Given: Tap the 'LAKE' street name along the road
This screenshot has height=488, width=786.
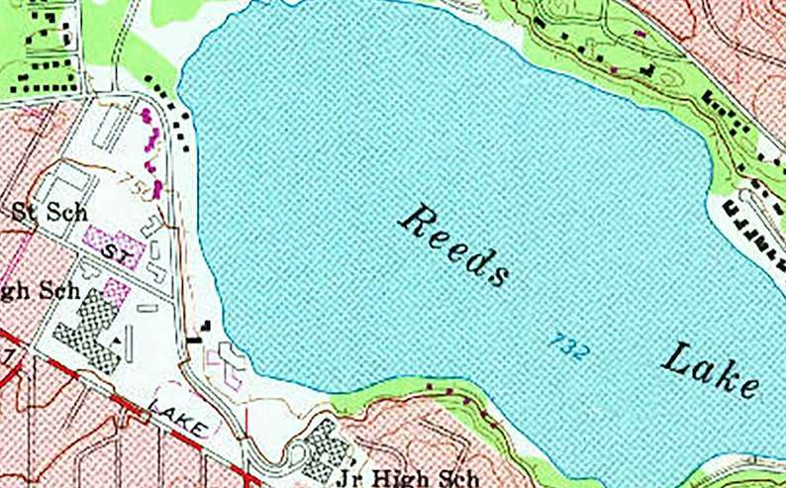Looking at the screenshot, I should pyautogui.click(x=182, y=416).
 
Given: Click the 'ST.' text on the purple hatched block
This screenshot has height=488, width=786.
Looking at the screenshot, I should pyautogui.click(x=120, y=255).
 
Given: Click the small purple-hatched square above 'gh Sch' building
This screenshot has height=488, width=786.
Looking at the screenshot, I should pyautogui.click(x=117, y=290).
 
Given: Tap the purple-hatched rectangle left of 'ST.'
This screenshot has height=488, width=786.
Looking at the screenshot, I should pyautogui.click(x=96, y=239).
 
